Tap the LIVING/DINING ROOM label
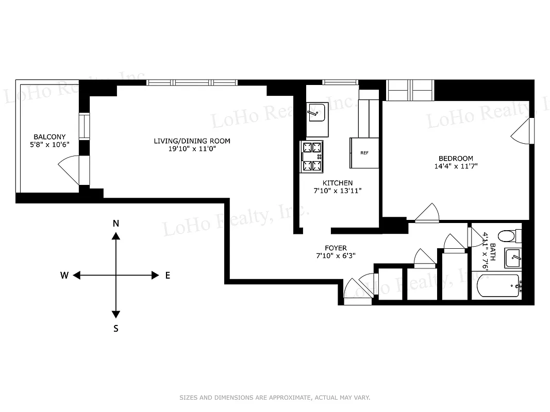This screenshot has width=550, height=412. point(192,141)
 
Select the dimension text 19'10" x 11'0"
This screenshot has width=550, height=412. point(192,148)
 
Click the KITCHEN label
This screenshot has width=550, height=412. point(338,183)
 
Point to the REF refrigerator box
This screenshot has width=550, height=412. point(364,152)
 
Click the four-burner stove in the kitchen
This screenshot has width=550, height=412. point(312,157)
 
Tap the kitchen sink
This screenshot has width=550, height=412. point(316,112)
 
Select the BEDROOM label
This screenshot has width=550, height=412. point(456,158)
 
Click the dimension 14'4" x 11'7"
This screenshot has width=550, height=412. point(456,166)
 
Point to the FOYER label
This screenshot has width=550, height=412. point(336,248)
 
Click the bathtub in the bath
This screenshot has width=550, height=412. point(498,286)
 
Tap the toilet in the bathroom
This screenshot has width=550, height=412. point(507,236)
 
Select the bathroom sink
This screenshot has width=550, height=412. point(512,257)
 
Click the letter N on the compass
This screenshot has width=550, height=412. point(116,223)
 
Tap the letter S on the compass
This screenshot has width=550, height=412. point(116,328)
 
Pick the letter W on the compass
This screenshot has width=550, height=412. point(64,276)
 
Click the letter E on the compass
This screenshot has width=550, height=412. point(168,276)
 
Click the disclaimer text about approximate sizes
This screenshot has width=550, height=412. point(275,398)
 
